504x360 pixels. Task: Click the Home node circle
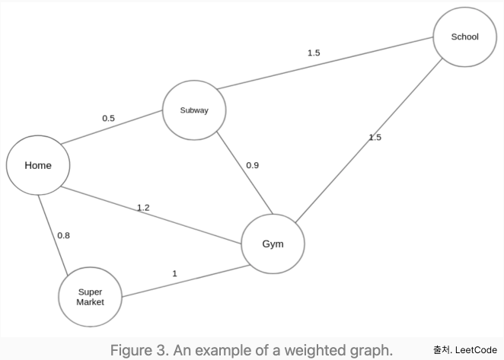[38, 165]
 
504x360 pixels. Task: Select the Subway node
[193, 110]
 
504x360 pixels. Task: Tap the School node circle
[464, 37]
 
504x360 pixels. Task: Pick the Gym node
[273, 244]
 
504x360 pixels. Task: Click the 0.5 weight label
[108, 118]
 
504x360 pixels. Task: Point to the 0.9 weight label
[252, 165]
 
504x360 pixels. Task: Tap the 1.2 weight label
[143, 207]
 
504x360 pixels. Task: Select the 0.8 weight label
[63, 235]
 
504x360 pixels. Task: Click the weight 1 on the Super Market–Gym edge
[174, 273]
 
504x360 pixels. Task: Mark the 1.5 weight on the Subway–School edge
[314, 53]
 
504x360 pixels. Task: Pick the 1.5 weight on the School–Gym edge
[375, 137]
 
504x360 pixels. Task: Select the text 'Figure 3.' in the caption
[138, 350]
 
